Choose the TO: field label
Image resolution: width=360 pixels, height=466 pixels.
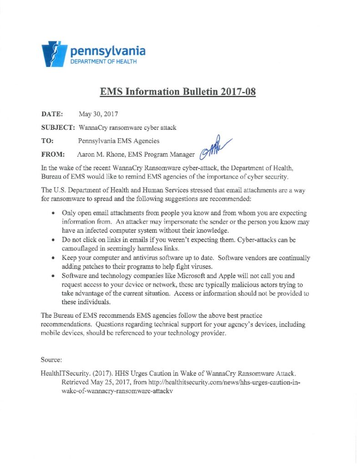click(48, 141)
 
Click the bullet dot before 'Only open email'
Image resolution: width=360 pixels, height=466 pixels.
click(54, 213)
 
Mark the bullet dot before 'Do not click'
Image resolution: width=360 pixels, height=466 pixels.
click(54, 239)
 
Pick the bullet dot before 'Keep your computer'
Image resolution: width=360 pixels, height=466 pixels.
click(54, 258)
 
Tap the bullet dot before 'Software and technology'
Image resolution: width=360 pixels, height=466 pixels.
click(54, 275)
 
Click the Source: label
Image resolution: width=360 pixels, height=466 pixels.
click(51, 360)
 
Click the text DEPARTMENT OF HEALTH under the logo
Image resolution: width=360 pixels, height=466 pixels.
click(103, 61)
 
